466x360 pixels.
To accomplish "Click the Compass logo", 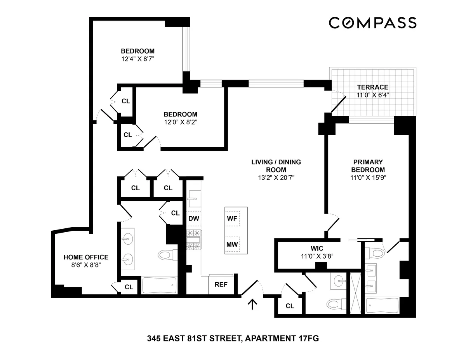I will pos(372,23).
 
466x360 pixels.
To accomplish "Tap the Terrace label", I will pos(373,87).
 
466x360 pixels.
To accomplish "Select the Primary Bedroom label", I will pos(368,166).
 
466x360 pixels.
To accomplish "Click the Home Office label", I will pos(86,257).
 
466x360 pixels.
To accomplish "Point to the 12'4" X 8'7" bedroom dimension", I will pos(138,59).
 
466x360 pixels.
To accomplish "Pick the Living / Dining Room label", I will pos(276,166).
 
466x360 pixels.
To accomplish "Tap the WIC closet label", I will pos(317,248).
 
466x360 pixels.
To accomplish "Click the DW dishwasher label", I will pos(194,218).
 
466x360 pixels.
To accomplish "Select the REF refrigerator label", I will pos(221,284).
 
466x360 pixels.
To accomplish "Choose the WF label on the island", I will pos(232,218).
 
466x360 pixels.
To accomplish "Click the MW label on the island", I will pos(232,245).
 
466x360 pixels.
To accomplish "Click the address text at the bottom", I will pos(233,339).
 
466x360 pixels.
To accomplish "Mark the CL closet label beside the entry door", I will pos(290,306).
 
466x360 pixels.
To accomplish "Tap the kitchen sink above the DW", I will pos(193,200).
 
